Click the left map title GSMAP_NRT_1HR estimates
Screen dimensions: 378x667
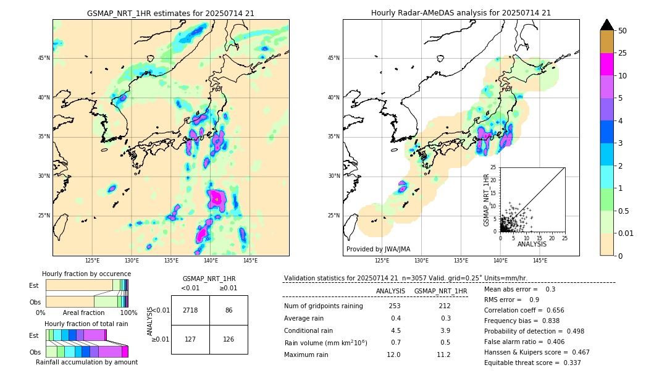click(x=170, y=13)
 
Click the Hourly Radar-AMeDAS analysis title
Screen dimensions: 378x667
click(x=461, y=13)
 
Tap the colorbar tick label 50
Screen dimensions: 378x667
click(x=623, y=31)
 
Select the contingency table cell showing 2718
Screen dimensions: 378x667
click(x=190, y=310)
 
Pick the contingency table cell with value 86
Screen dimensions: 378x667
click(x=229, y=310)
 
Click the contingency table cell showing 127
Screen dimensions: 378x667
click(x=190, y=339)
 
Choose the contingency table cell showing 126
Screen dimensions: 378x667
click(x=229, y=339)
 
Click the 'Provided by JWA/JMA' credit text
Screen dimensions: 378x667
click(x=378, y=250)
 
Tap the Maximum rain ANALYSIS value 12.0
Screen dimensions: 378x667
click(x=393, y=355)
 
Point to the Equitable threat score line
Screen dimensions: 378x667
click(x=532, y=363)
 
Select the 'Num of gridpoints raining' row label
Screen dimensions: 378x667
click(x=323, y=306)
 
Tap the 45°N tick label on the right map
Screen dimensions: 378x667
click(x=333, y=59)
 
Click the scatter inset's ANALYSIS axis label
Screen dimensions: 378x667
click(x=532, y=245)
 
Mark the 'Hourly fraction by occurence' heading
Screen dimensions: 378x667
click(x=86, y=274)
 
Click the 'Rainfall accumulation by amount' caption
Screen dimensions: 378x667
click(x=86, y=363)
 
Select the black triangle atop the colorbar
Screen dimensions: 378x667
click(x=607, y=25)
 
